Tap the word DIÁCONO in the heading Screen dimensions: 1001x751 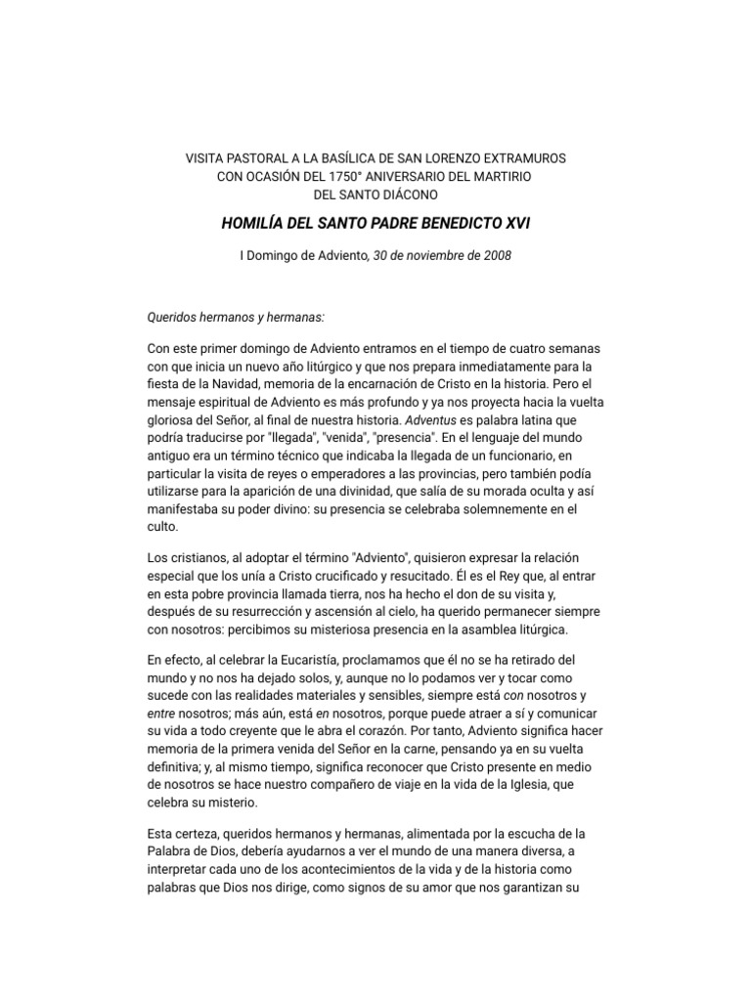pyautogui.click(x=412, y=195)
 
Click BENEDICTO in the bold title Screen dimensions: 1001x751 pyautogui.click(x=446, y=224)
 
